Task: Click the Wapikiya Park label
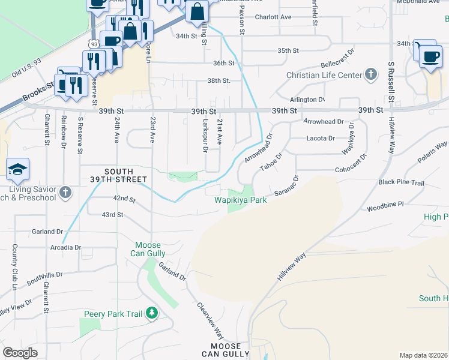241,200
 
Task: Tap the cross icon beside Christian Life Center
372,75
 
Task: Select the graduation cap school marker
18,170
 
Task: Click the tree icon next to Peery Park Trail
152,313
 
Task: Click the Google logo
20,353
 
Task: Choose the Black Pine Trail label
401,182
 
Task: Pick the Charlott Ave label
273,17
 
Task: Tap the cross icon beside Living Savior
65,193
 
